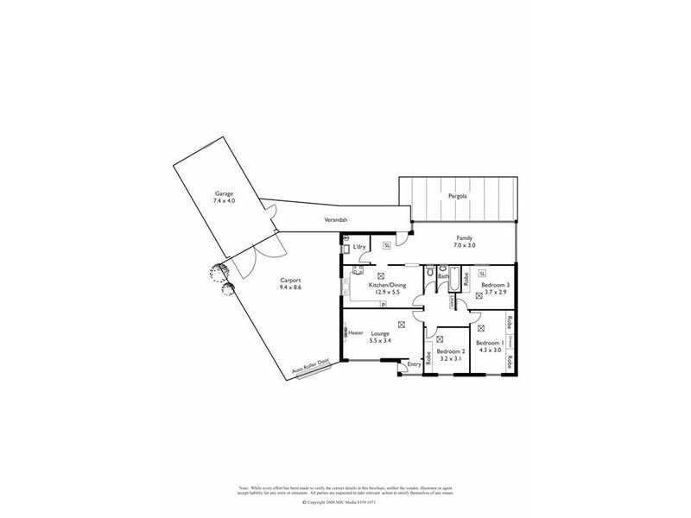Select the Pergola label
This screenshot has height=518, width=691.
point(458,196)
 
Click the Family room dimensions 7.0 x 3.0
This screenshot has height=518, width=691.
point(465,246)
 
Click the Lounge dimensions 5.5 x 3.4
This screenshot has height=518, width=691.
point(381,340)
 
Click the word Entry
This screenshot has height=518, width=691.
point(415,364)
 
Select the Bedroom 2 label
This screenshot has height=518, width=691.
point(451,351)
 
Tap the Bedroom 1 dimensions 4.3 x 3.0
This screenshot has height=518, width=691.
point(489,351)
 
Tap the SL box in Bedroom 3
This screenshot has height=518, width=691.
point(482,273)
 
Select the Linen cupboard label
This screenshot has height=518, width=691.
point(452,302)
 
